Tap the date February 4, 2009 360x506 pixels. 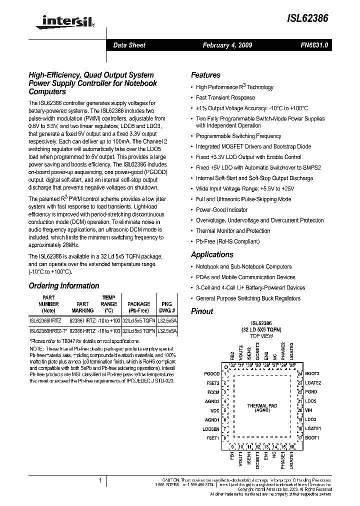[x=227, y=45]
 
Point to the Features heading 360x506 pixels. [x=205, y=75]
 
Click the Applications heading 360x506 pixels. [x=212, y=254]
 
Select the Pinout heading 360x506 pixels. [x=202, y=311]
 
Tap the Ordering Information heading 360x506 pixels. [x=63, y=286]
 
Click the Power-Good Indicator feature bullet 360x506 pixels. [x=221, y=210]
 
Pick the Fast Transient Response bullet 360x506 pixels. [x=225, y=98]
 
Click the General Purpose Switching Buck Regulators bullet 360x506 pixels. [x=248, y=298]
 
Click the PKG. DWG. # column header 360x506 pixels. [x=165, y=307]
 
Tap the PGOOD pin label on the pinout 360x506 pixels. [x=212, y=373]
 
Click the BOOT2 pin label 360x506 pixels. [x=312, y=373]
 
